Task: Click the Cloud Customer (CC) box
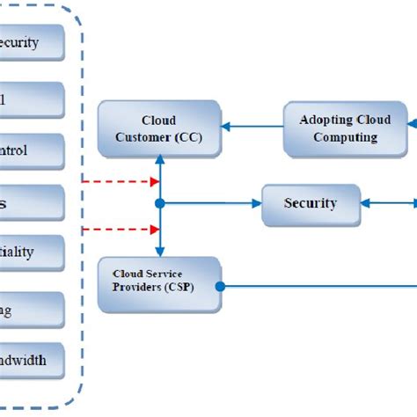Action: coord(158,128)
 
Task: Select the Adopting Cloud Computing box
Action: coord(345,128)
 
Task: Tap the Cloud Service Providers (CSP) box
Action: coord(158,285)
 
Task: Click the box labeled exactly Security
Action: coord(311,204)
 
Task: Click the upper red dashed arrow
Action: coord(119,182)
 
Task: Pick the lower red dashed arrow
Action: coord(119,231)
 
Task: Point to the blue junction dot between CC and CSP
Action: coord(159,204)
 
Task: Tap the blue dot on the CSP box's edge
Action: coord(221,286)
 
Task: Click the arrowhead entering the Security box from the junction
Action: coord(256,204)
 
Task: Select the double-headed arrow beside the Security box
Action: coord(387,204)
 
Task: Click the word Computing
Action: coord(345,137)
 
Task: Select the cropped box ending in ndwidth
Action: coord(32,360)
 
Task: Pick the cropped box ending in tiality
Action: coord(32,252)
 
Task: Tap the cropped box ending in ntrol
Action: coord(32,150)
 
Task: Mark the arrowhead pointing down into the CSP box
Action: coord(159,251)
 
